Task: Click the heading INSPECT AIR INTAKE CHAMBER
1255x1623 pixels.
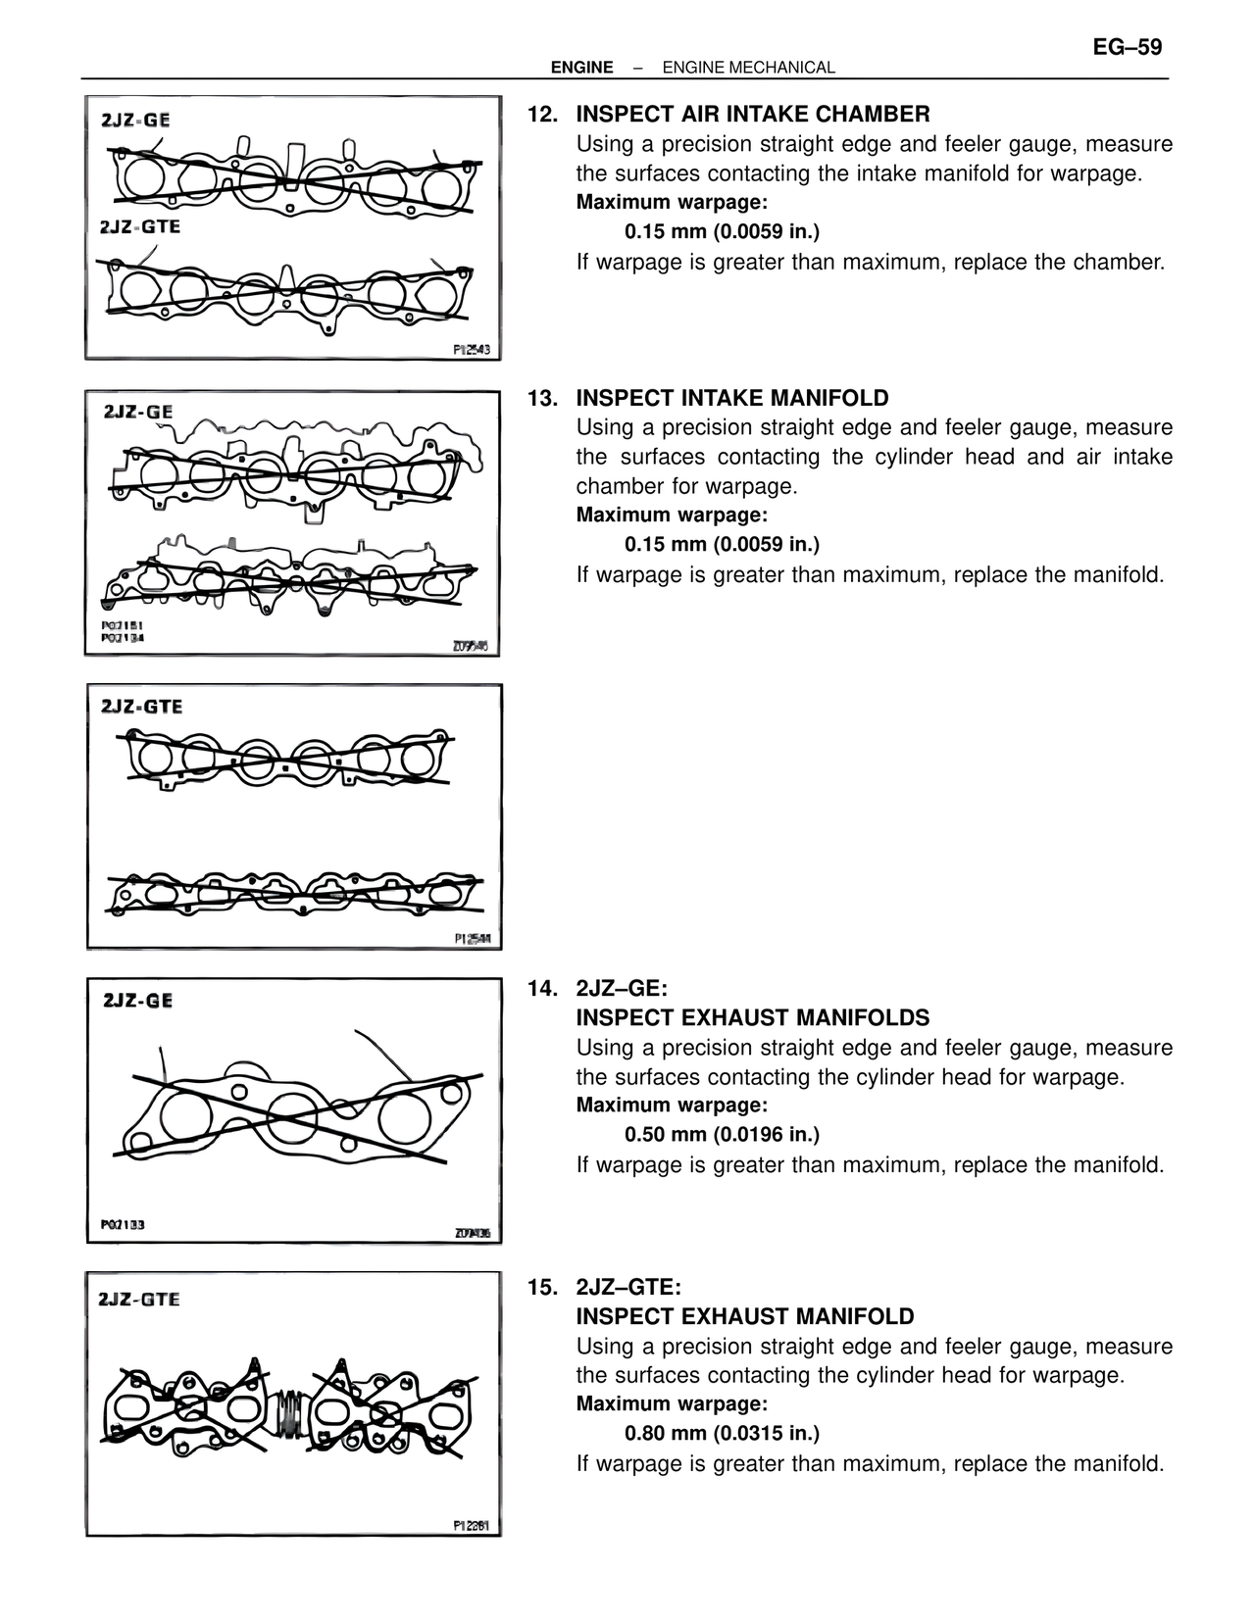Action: (x=752, y=115)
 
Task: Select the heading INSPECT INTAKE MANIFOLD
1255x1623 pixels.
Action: (x=731, y=398)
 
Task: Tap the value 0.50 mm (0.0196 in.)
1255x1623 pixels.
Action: (x=722, y=1135)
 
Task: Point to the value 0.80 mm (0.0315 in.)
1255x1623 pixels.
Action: (x=722, y=1434)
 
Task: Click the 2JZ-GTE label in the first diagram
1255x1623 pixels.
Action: (x=139, y=226)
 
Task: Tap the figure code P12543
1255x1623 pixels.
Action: (x=471, y=349)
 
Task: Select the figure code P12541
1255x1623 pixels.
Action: (x=472, y=938)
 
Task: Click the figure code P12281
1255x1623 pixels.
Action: (x=471, y=1525)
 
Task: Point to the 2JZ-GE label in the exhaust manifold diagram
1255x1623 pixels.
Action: (x=137, y=1001)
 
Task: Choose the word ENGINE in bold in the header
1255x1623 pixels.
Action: (x=581, y=68)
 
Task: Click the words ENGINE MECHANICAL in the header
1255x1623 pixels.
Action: (x=748, y=68)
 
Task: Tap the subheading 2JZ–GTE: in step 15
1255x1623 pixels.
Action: (x=627, y=1287)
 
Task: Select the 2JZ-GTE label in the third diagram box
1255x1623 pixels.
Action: (x=142, y=707)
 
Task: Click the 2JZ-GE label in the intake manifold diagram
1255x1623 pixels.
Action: (x=138, y=413)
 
